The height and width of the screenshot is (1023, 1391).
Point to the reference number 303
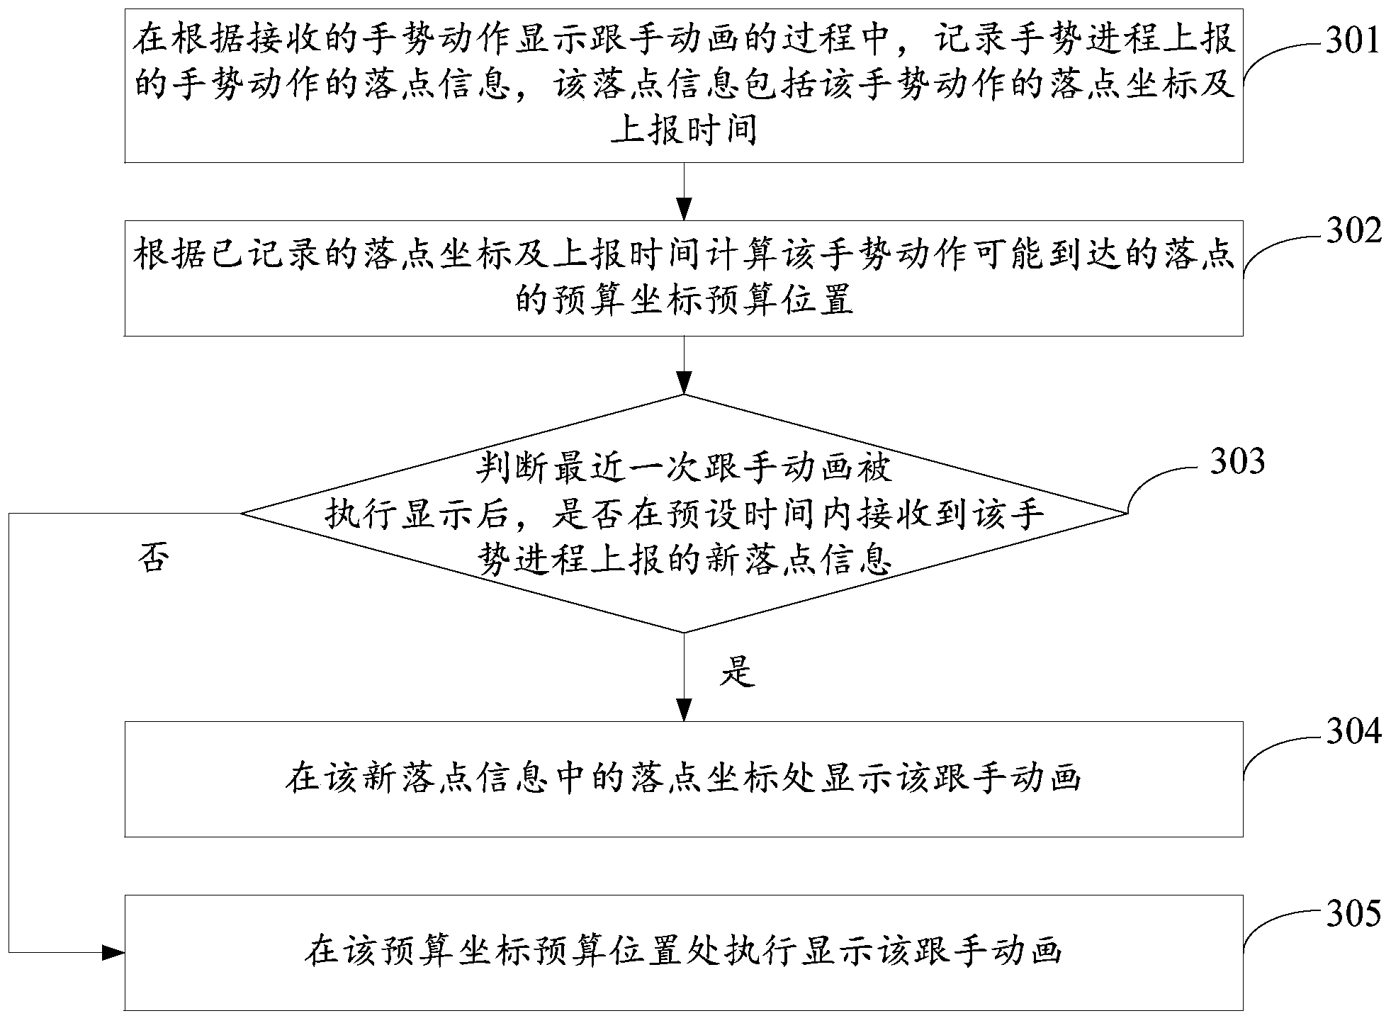point(1237,461)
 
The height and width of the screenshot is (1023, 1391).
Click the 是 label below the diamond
point(738,671)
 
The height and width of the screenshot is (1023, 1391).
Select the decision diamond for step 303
point(684,514)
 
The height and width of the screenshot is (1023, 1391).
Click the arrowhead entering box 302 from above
point(684,210)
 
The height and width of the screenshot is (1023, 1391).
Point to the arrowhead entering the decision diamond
point(684,384)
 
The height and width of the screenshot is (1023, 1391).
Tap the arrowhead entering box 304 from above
point(684,711)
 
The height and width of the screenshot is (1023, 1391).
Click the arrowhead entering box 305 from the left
point(113,953)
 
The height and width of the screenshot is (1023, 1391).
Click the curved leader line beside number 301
point(1275,57)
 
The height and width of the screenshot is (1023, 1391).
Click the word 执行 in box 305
point(755,951)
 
